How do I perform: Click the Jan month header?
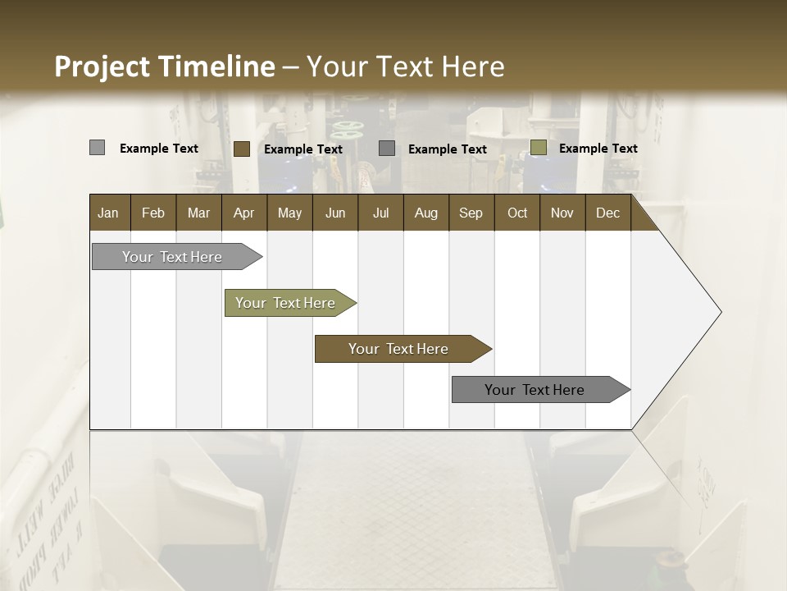point(108,213)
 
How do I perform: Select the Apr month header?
point(244,213)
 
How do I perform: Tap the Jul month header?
point(380,213)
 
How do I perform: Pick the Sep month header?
point(471,213)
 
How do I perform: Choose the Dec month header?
point(607,213)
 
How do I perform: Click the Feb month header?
point(153,213)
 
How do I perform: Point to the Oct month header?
point(517,213)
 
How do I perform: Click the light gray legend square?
point(97,148)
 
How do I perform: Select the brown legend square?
point(242,149)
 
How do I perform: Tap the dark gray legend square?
point(387,148)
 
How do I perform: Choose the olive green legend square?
point(538,148)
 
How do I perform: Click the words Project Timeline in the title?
point(164,66)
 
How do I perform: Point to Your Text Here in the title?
point(405,66)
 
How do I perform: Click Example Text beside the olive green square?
point(598,148)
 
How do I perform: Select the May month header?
point(289,213)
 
